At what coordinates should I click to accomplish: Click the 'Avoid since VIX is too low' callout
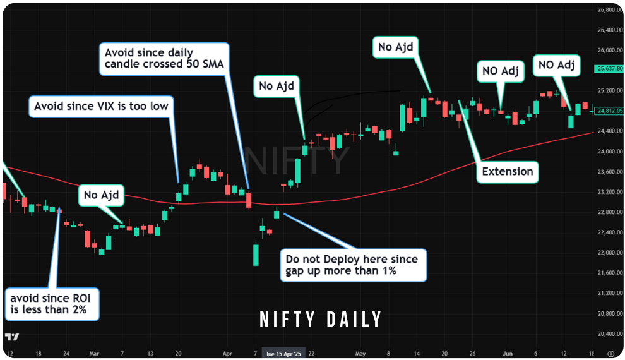[x=101, y=106]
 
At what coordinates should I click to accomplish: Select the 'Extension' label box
[x=507, y=171]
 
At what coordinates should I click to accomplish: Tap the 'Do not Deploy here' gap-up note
[x=354, y=266]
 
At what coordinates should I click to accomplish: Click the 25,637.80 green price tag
[x=609, y=68]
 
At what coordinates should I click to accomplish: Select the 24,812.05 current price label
[x=610, y=111]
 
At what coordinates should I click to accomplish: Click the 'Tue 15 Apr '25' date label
[x=284, y=354]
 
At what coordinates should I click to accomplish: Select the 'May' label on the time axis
[x=360, y=354]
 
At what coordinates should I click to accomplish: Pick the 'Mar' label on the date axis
[x=94, y=354]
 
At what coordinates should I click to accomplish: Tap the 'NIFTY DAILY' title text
[x=321, y=320]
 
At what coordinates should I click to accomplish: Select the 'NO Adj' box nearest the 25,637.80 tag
[x=556, y=65]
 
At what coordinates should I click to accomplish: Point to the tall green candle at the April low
[x=256, y=255]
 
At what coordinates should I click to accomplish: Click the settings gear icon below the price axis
[x=610, y=354]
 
